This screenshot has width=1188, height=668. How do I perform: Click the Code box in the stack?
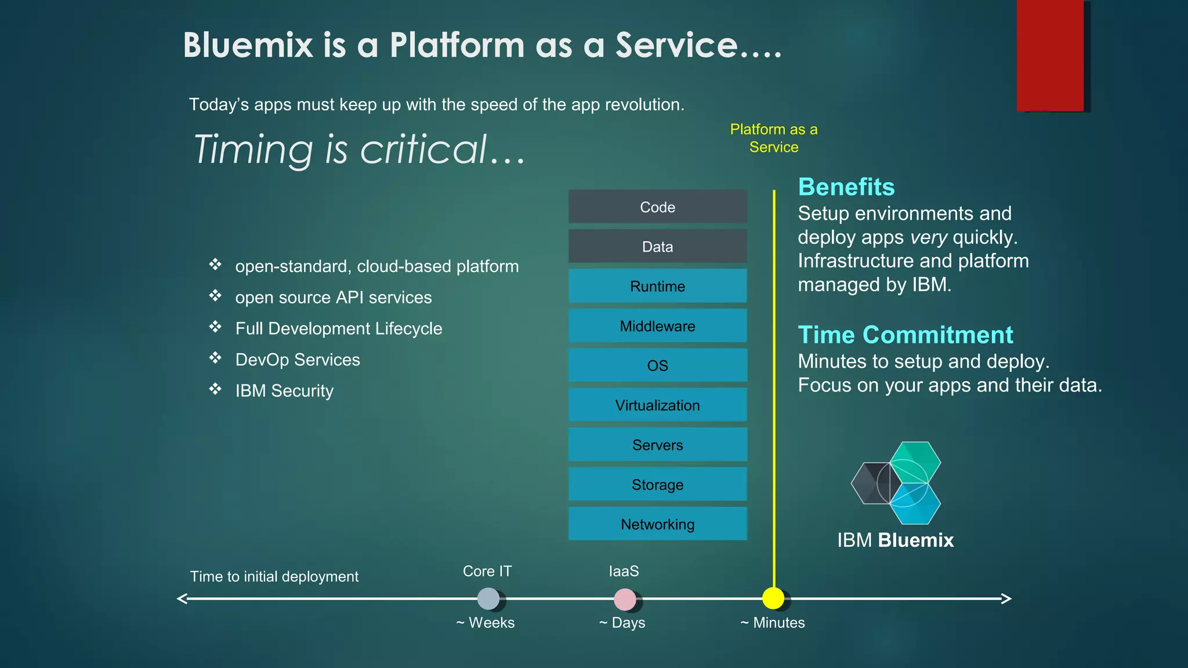coord(657,207)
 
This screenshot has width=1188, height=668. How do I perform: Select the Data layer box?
coord(657,246)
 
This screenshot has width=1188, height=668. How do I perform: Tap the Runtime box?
coord(657,286)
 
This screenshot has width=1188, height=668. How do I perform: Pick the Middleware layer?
coord(657,326)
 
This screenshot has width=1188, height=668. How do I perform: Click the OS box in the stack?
coord(657,365)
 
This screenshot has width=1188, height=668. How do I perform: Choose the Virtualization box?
coord(657,405)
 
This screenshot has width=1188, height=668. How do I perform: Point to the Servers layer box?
coord(657,445)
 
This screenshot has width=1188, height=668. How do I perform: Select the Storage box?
coord(657,484)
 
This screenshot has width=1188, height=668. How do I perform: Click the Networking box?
coord(657,524)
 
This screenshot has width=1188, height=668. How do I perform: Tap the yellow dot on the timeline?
coord(773,598)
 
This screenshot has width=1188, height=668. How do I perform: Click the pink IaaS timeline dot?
coord(625,599)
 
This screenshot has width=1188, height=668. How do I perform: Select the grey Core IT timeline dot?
coord(488,599)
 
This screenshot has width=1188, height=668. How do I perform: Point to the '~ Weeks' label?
coord(486,623)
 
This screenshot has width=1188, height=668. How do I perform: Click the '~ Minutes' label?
coord(773,623)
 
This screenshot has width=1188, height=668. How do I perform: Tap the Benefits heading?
coord(846,187)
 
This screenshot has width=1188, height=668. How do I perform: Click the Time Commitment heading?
coord(906,335)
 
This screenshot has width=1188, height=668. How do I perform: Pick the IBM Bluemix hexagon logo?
coord(897,483)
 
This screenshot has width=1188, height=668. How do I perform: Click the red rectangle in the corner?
coord(1050,55)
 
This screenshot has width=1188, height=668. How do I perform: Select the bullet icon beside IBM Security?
coord(215,389)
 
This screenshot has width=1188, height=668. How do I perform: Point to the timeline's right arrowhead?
coord(1006,598)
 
